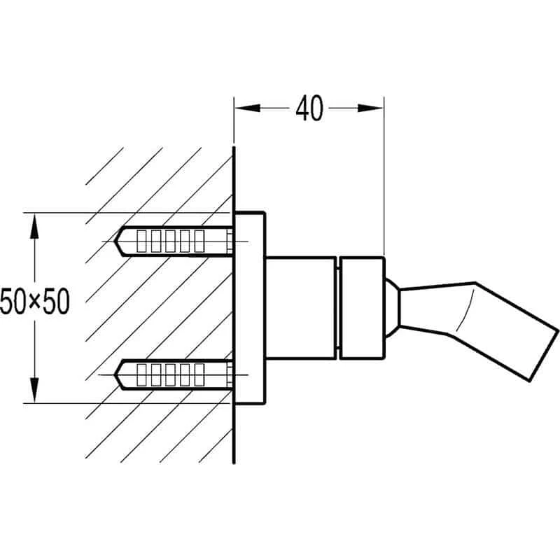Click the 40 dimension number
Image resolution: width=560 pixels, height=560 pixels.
(x=309, y=108)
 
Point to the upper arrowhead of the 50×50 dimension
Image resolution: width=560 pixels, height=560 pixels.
(x=33, y=225)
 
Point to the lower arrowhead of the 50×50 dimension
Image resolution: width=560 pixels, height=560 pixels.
(x=33, y=391)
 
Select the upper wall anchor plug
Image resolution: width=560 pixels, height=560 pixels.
(x=175, y=241)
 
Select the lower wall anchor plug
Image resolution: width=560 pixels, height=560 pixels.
(x=175, y=375)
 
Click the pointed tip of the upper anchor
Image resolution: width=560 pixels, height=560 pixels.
(x=118, y=241)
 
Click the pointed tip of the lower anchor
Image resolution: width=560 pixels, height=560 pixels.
(x=118, y=375)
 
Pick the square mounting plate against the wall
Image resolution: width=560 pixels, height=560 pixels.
(x=250, y=308)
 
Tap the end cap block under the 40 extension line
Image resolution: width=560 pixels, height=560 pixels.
(x=361, y=308)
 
